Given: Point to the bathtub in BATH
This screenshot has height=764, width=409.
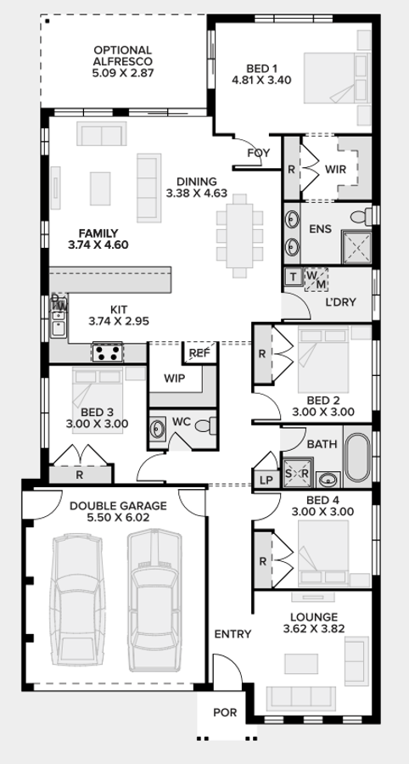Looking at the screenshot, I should click(x=359, y=459).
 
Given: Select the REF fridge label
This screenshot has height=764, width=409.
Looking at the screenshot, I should click(x=199, y=353).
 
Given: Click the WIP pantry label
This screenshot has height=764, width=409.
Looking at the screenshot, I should click(x=175, y=378).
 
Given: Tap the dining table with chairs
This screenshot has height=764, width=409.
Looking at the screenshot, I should click(x=240, y=229).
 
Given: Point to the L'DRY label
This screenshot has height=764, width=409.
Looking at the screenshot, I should click(x=340, y=304).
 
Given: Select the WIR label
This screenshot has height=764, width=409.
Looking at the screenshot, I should click(x=336, y=169).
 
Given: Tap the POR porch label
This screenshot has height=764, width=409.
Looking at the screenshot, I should click(x=226, y=715).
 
